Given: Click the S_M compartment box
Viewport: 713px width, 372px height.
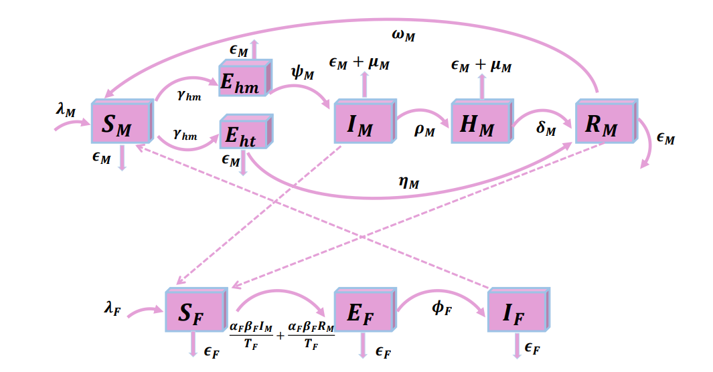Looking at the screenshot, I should point(121,122).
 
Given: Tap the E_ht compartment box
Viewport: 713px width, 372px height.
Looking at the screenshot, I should point(245,133).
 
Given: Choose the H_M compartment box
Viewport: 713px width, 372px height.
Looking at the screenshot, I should point(480,122).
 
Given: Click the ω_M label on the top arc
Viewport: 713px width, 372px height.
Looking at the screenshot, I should point(404,35).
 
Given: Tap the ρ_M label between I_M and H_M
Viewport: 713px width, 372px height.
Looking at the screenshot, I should point(424,130).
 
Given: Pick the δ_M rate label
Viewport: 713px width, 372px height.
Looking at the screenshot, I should point(546,128).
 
